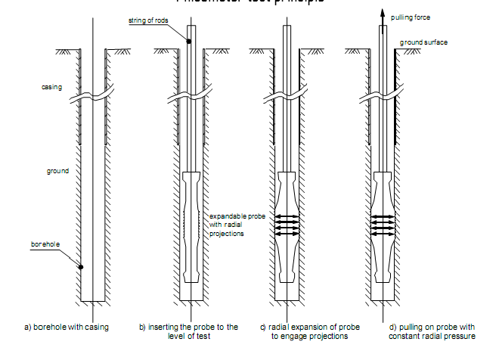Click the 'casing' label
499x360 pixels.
(x=51, y=88)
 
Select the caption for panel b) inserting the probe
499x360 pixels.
(x=188, y=331)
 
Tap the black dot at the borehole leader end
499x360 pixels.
(x=81, y=267)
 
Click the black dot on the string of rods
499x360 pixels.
(x=188, y=42)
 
